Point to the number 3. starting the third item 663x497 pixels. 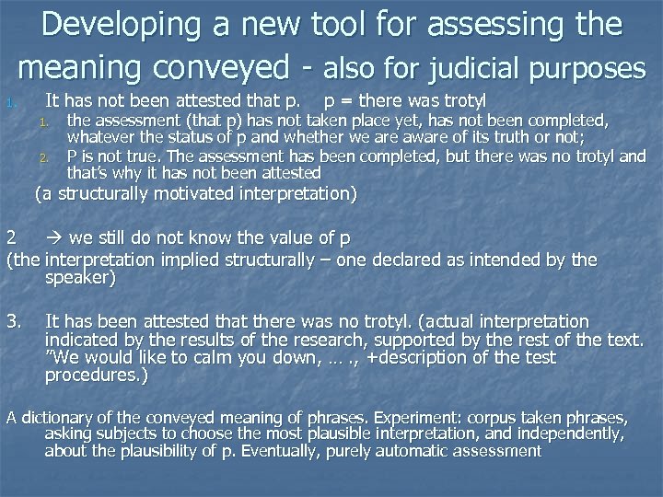[x=14, y=321]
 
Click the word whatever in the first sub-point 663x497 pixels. [x=99, y=137]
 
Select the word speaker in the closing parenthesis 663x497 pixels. [x=78, y=277]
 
